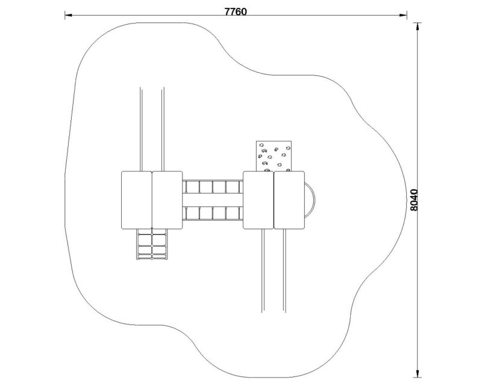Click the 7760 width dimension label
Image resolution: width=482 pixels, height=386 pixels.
click(x=236, y=11)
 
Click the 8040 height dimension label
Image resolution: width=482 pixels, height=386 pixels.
click(x=415, y=200)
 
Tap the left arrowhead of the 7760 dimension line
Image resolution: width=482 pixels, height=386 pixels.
click(x=68, y=14)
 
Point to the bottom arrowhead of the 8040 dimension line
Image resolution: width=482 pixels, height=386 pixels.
click(x=417, y=373)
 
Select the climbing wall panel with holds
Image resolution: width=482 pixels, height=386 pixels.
click(x=274, y=156)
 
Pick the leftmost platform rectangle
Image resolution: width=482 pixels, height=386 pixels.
click(x=137, y=200)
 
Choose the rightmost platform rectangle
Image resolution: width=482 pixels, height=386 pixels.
click(x=289, y=200)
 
